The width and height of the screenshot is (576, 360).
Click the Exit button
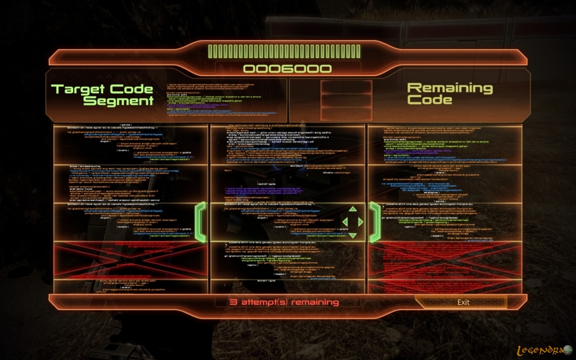(463, 302)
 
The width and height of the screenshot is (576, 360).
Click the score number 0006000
(287, 69)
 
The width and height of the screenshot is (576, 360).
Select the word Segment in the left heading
(119, 101)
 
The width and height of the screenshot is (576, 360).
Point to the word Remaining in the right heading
(449, 88)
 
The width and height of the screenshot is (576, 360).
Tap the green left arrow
(344, 222)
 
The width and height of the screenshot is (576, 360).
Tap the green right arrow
(361, 222)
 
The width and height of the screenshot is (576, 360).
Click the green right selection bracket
(375, 222)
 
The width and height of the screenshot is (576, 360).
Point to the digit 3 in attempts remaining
(232, 302)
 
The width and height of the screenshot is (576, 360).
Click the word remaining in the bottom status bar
(314, 302)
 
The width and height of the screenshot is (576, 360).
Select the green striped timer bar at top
(287, 52)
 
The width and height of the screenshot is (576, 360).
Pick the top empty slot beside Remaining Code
(346, 87)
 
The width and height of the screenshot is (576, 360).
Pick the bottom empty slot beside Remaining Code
(346, 113)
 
